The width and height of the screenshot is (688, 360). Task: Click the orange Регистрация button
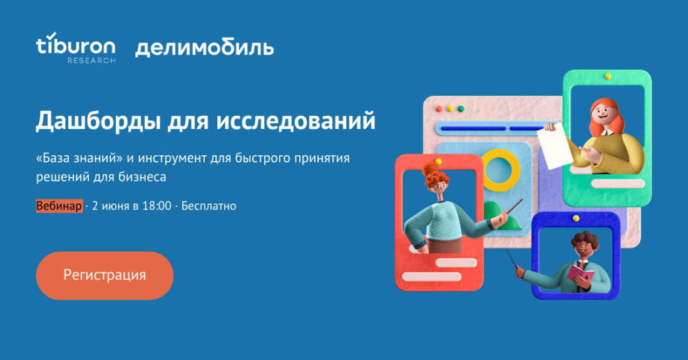coord(105,275)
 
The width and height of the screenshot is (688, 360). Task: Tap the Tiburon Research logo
coord(76,48)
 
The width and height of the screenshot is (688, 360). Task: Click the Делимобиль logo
coord(205,48)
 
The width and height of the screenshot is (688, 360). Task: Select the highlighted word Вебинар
coord(59,206)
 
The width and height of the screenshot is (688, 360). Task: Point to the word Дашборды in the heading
coord(98,121)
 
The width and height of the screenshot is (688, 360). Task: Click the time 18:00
coord(157,206)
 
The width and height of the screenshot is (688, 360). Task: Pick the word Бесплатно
coord(209,206)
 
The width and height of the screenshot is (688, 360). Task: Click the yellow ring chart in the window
coord(501,170)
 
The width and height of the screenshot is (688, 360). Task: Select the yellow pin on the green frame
coord(608,76)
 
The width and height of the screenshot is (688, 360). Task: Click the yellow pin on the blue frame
coord(576,219)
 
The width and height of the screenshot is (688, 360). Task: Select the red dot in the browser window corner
coord(439,108)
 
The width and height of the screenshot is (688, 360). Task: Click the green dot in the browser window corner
coord(461,108)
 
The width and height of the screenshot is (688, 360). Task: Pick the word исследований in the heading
coord(295,121)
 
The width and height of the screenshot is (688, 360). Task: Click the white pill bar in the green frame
coord(618,183)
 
